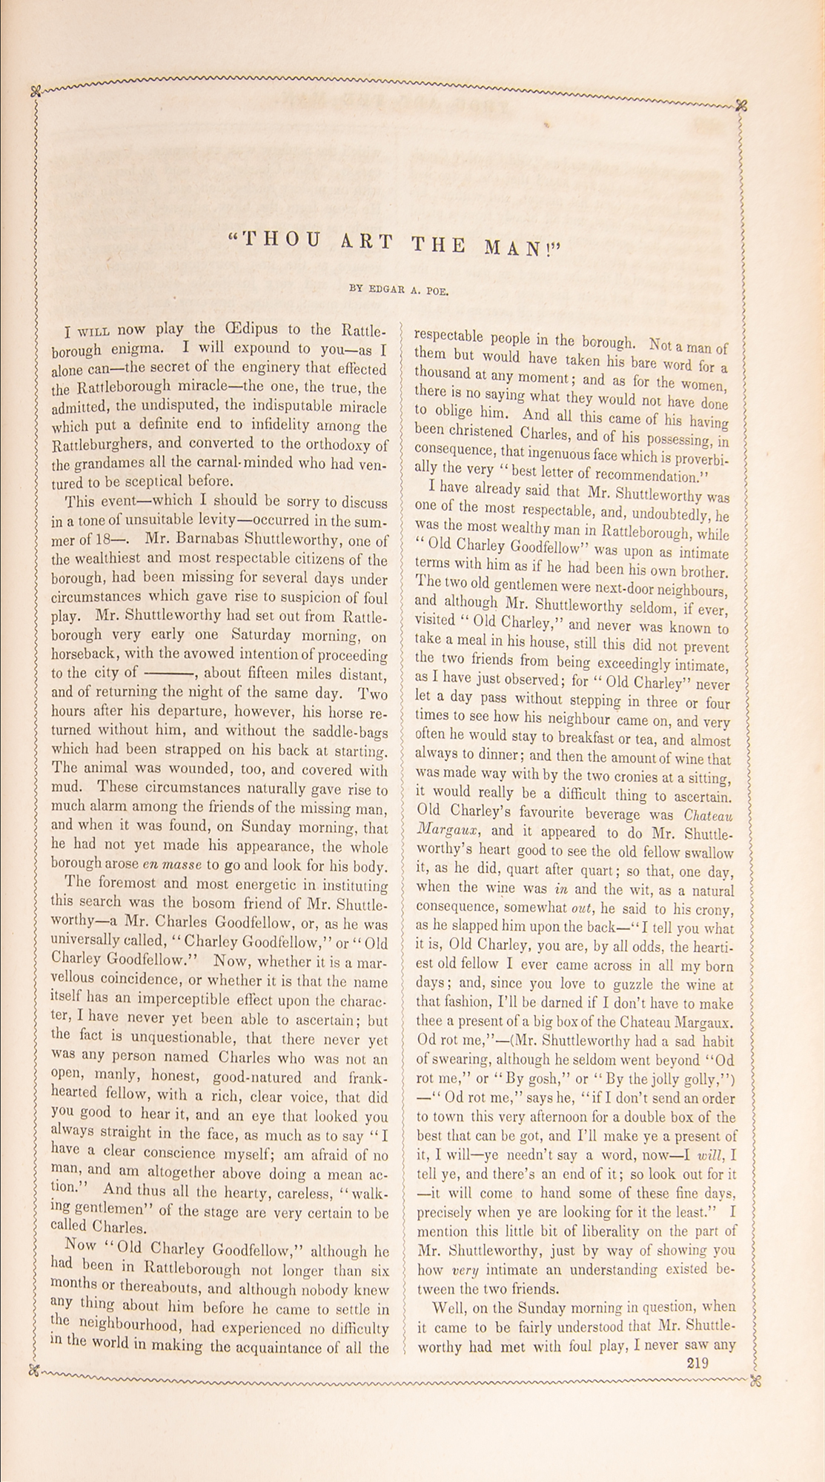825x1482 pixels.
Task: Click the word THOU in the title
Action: pos(275,240)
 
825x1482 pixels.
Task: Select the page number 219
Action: pos(698,1362)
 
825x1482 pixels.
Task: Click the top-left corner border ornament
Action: pos(34,92)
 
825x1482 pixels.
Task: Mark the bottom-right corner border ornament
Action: pos(756,1379)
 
